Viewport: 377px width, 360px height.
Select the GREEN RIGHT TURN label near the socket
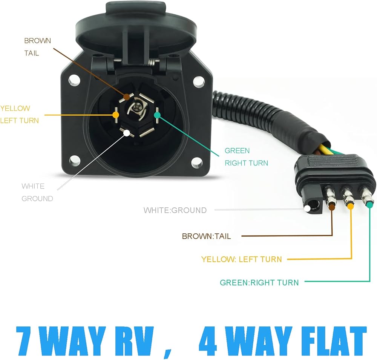[x=246, y=157]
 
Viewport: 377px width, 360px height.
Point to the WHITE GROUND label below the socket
[x=37, y=192]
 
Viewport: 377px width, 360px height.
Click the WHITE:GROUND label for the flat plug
[x=175, y=210]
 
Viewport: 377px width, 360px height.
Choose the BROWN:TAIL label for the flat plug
[x=206, y=237]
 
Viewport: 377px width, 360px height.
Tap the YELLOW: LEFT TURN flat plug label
[x=241, y=259]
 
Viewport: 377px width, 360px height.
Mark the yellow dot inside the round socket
[x=115, y=114]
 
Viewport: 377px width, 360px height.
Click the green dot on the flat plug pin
[x=369, y=205]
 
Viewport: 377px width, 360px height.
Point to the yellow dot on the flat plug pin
[x=351, y=206]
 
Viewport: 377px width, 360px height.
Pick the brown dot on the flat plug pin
[x=332, y=206]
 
